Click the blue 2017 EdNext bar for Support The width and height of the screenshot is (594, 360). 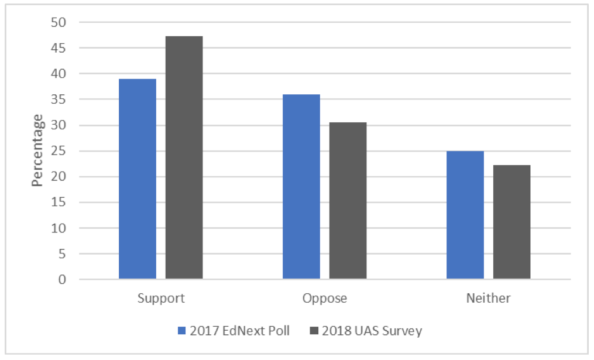coord(138,179)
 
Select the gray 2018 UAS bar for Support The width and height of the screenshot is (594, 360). coord(184,157)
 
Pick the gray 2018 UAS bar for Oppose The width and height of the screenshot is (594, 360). coord(348,200)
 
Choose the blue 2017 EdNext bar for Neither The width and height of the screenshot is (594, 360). coord(465,215)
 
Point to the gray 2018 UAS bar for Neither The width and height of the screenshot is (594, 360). coord(511,222)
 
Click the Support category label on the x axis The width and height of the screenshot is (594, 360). coord(161,298)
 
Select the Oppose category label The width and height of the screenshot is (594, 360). coord(325,298)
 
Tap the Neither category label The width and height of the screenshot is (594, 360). coord(488,298)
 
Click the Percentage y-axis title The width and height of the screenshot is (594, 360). coord(37,150)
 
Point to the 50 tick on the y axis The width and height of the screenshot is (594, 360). coord(60,22)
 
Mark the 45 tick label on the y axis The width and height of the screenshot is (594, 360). coord(60,48)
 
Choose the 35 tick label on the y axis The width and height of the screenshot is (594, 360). coord(60,100)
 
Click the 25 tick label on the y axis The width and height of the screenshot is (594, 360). coord(60,151)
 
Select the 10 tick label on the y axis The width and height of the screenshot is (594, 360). coord(60,228)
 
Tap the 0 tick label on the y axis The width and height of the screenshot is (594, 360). coord(64,280)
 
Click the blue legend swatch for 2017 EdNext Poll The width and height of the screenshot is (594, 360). coord(182,331)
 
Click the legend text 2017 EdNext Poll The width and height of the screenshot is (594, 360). coord(239,331)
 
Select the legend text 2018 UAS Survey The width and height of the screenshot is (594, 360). coord(371,331)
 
